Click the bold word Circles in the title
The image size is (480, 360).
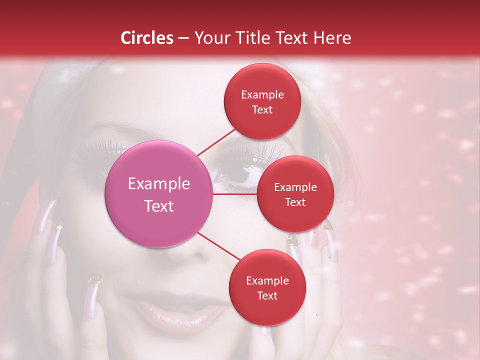(x=147, y=38)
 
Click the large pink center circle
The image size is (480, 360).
(x=159, y=194)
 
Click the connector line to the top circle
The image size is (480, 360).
(x=216, y=142)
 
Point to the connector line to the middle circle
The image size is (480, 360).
(x=235, y=193)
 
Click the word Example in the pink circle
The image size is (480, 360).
(x=159, y=184)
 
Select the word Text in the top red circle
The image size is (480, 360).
(x=262, y=110)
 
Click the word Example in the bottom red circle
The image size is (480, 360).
(x=267, y=281)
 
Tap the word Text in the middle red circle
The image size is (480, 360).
(x=295, y=202)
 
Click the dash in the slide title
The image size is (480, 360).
(x=183, y=38)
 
